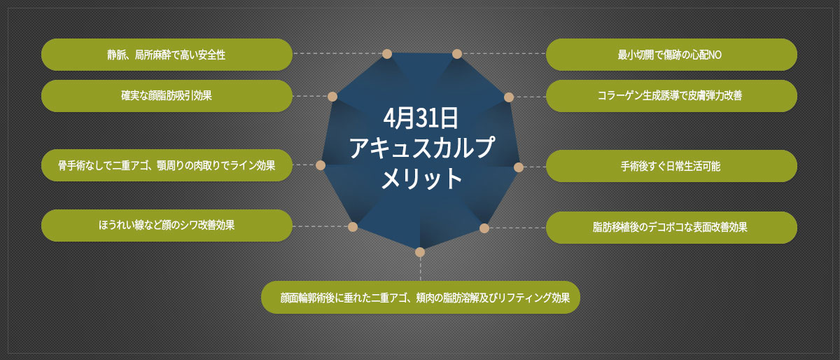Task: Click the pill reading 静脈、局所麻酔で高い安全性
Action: (167, 55)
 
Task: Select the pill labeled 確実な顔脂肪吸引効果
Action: (167, 96)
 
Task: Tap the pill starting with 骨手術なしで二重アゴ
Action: (167, 165)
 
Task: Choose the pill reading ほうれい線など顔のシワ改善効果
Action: (167, 226)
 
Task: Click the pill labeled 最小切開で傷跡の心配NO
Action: (671, 55)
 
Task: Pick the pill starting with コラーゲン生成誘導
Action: (671, 96)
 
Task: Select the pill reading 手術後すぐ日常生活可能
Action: (671, 166)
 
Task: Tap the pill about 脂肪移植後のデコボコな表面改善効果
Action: (671, 227)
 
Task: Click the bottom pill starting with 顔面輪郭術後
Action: (421, 297)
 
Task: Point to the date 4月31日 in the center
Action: (421, 118)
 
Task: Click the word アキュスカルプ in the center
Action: (421, 148)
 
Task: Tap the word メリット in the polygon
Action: (421, 178)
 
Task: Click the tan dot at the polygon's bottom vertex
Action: (420, 252)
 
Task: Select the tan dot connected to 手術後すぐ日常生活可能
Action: (519, 167)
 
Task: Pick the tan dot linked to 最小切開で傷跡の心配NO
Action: (456, 54)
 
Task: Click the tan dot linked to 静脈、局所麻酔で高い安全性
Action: (387, 54)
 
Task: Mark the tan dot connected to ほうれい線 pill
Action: (353, 227)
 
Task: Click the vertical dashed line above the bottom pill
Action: (421, 269)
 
